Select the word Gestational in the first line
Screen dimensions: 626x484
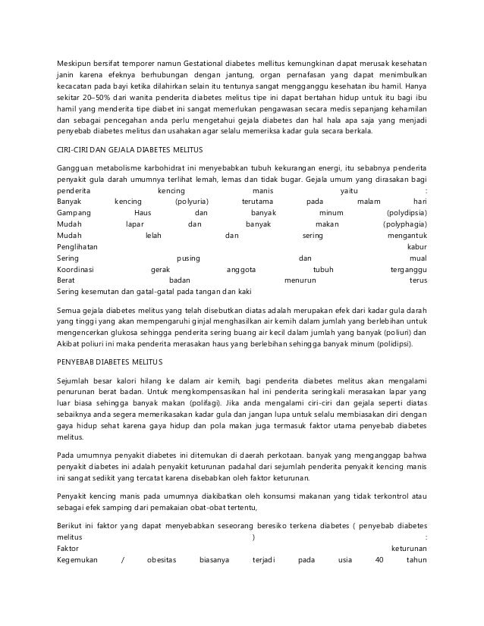tap(207, 61)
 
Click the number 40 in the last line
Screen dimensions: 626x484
tap(381, 561)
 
